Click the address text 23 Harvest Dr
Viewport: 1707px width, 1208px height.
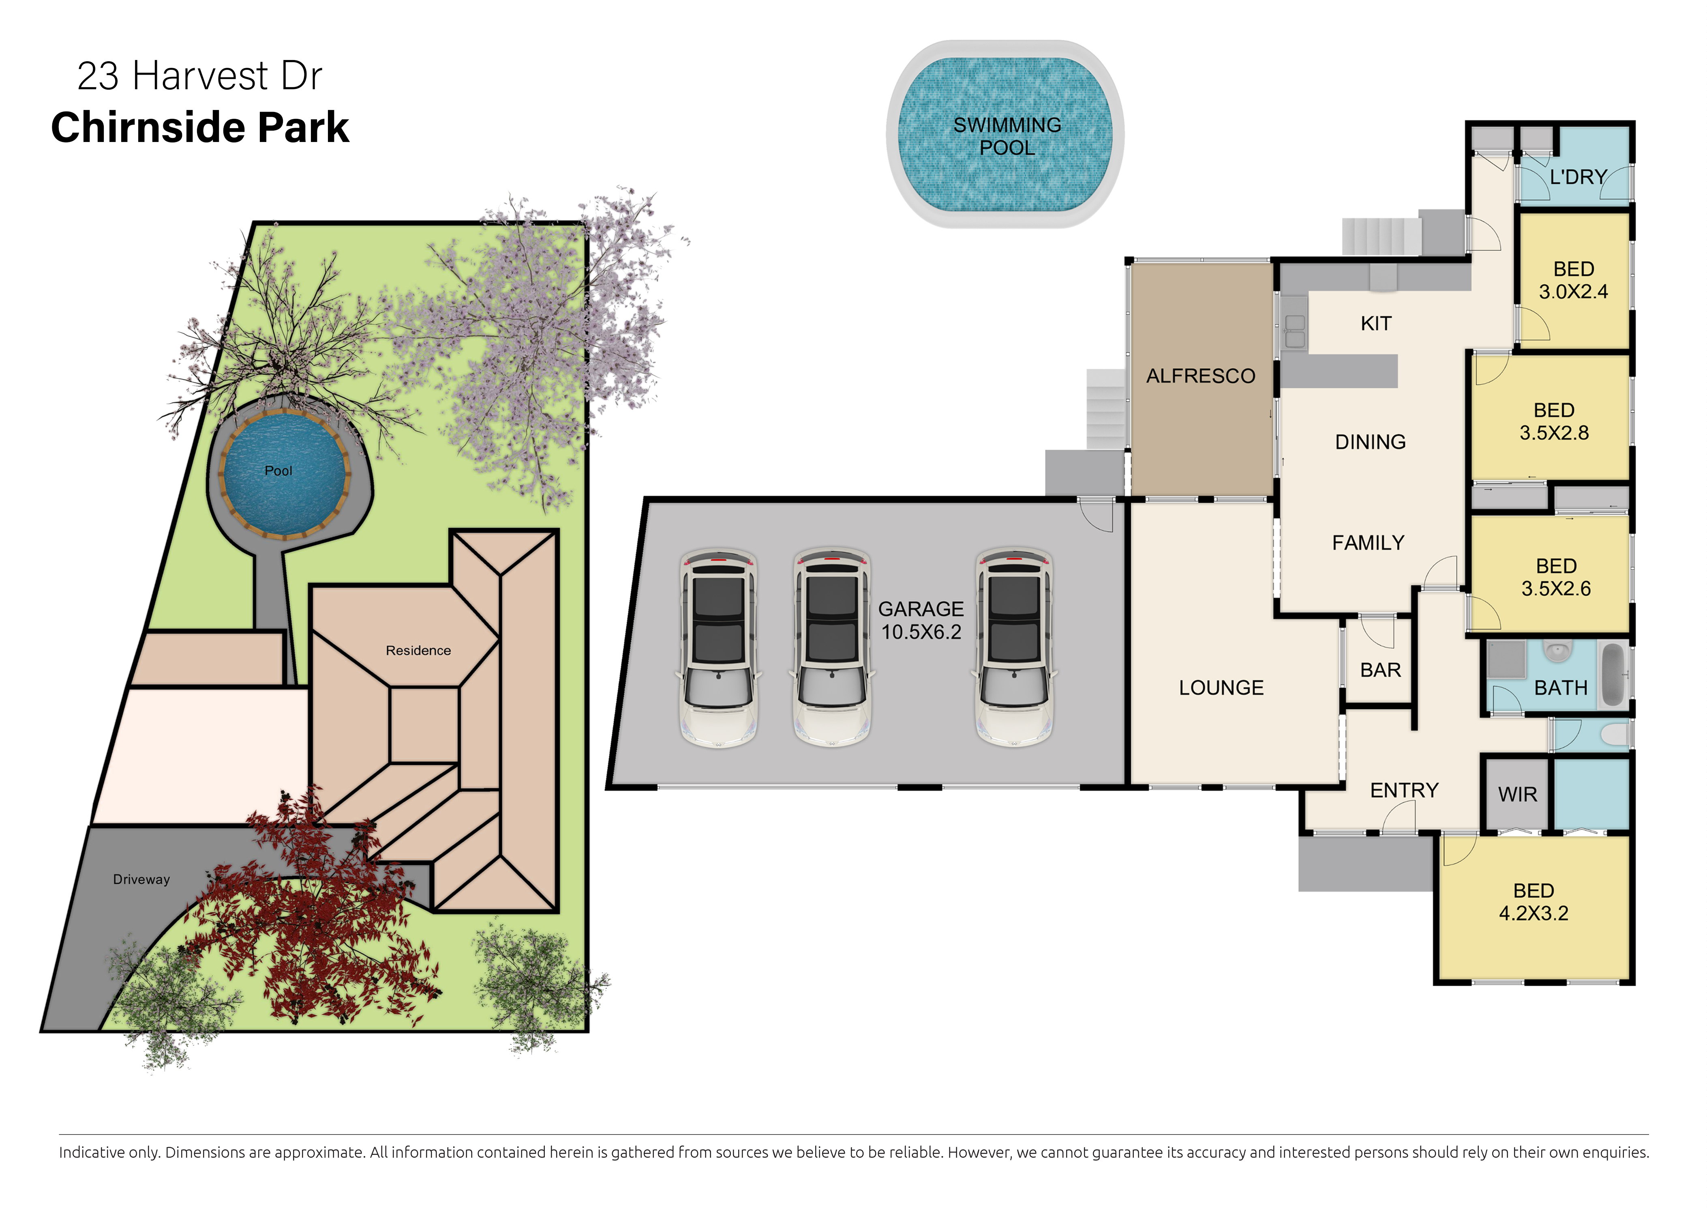coord(199,76)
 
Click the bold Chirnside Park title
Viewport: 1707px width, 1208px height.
coord(200,127)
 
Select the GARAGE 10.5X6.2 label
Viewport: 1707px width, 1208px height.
coord(921,620)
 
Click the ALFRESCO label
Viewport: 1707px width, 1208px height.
coord(1201,376)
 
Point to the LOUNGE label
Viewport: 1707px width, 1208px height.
coord(1221,688)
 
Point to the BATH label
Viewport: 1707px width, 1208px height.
coord(1561,688)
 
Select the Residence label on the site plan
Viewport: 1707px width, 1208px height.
coord(418,651)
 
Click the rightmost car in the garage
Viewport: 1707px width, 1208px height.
coord(1014,647)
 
